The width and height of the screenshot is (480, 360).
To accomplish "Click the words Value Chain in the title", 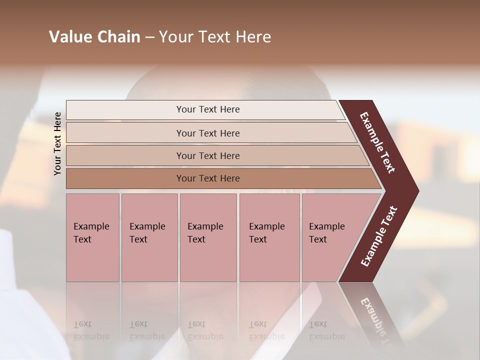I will (94, 37).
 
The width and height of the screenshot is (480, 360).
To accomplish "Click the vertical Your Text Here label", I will (57, 143).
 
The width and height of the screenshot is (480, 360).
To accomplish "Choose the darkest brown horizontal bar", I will (125, 178).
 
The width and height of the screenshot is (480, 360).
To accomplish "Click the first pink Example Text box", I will (92, 237).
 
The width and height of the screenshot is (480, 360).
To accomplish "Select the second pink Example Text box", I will (149, 237).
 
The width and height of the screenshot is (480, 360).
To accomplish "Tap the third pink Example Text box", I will (208, 237).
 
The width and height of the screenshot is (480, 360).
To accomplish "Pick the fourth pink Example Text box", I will (269, 237).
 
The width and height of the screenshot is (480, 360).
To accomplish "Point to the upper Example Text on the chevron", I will (377, 142).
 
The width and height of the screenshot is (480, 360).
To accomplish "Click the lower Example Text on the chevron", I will (379, 236).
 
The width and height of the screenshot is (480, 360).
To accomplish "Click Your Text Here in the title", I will (215, 37).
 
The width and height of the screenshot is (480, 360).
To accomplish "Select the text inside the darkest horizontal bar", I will (208, 178).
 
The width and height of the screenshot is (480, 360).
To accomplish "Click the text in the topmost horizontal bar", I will (208, 109).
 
